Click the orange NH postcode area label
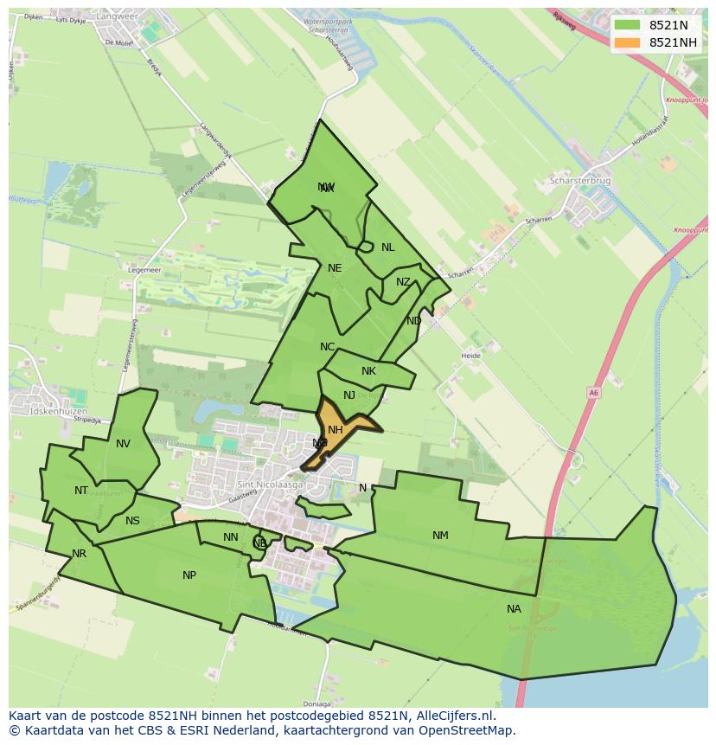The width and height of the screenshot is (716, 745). (336, 430)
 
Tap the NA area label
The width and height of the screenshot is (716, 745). (514, 609)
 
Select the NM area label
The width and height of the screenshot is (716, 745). (440, 536)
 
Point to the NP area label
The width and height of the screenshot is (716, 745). (189, 575)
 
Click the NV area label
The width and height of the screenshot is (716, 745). (123, 444)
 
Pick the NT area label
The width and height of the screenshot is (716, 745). (81, 491)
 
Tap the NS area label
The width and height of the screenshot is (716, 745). (132, 521)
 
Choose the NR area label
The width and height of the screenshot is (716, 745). (80, 554)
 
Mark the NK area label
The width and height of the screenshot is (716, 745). (368, 371)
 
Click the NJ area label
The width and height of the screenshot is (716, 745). (349, 395)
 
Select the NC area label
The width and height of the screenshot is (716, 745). (327, 347)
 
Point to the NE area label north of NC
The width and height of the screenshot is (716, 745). (335, 268)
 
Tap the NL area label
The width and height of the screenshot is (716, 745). (387, 247)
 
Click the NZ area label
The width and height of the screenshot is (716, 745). (403, 282)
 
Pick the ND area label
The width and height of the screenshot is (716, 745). (414, 321)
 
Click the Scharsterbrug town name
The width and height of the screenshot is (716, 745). (580, 182)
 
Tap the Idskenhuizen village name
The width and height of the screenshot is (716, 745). (58, 411)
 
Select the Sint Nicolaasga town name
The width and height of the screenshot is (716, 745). (268, 485)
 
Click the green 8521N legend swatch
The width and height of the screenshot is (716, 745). (627, 25)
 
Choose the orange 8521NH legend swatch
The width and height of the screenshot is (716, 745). (627, 42)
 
